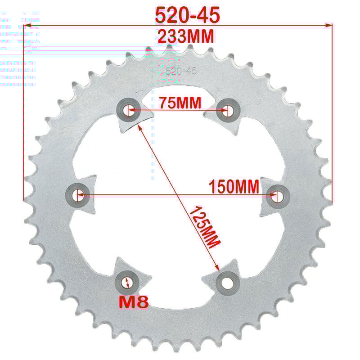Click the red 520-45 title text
(x=187, y=15)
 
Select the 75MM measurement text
(x=180, y=103)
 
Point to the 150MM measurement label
(x=234, y=186)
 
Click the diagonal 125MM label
(x=204, y=226)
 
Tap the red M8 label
(x=133, y=302)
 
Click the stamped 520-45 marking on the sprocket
(x=181, y=71)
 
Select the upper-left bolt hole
(x=127, y=109)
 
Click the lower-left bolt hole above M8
(x=127, y=282)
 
